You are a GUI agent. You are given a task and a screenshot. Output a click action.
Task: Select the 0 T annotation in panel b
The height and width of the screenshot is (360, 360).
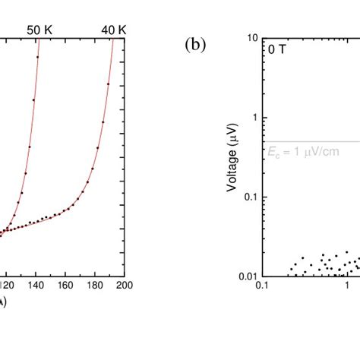[275, 49]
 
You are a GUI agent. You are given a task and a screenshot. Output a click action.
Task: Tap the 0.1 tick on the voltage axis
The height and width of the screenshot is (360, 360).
[251, 197]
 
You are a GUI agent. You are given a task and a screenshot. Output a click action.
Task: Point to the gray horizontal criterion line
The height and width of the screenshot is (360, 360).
[319, 141]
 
